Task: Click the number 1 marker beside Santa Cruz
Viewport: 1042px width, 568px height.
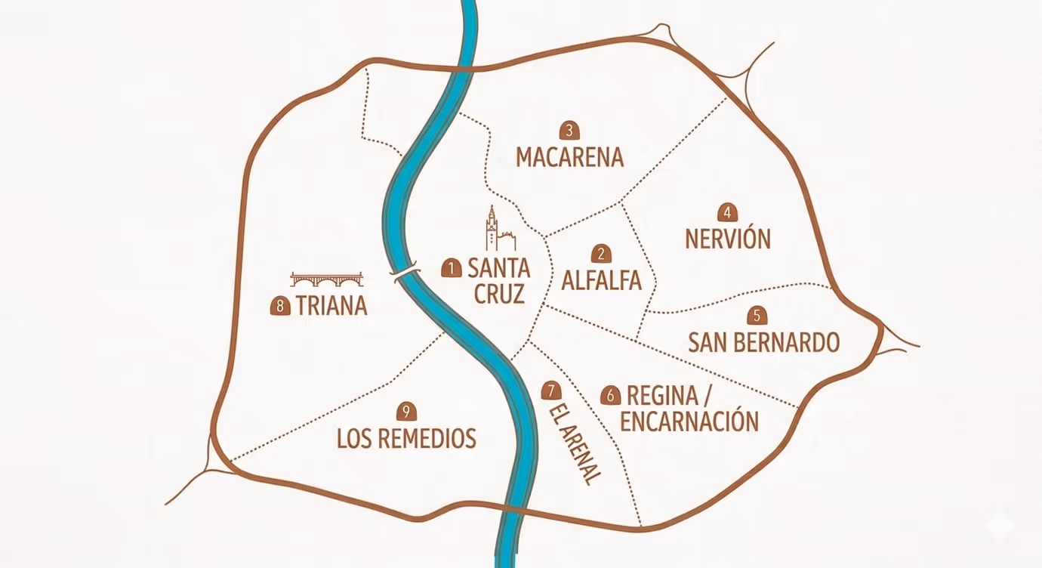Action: pyautogui.click(x=452, y=267)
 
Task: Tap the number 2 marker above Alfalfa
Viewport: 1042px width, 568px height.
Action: pyautogui.click(x=601, y=255)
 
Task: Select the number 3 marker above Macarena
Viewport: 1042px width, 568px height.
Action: pyautogui.click(x=569, y=130)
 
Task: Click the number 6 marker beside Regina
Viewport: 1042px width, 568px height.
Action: pyautogui.click(x=610, y=395)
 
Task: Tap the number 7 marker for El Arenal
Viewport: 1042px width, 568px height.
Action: pyautogui.click(x=552, y=391)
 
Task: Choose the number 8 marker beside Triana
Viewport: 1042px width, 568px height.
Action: pyautogui.click(x=280, y=306)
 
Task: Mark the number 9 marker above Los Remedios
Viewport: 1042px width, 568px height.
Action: pyautogui.click(x=406, y=412)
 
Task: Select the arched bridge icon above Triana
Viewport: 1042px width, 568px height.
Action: pyautogui.click(x=327, y=279)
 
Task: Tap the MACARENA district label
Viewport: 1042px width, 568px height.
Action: pyautogui.click(x=570, y=157)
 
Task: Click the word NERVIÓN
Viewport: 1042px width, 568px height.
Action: pyautogui.click(x=728, y=239)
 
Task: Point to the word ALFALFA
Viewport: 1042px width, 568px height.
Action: pyautogui.click(x=601, y=281)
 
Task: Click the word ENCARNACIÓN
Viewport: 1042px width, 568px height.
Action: pyautogui.click(x=689, y=421)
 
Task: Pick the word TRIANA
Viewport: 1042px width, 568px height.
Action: pyautogui.click(x=331, y=306)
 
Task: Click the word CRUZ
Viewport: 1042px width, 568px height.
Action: pyautogui.click(x=499, y=293)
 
